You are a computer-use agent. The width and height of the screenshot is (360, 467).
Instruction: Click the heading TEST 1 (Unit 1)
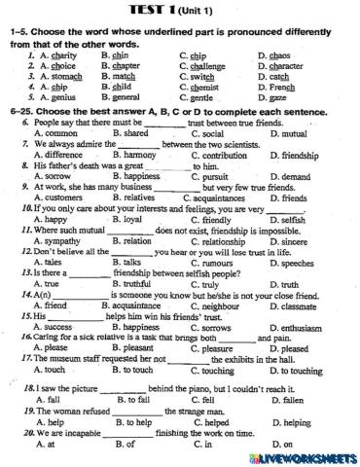(x=180, y=8)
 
